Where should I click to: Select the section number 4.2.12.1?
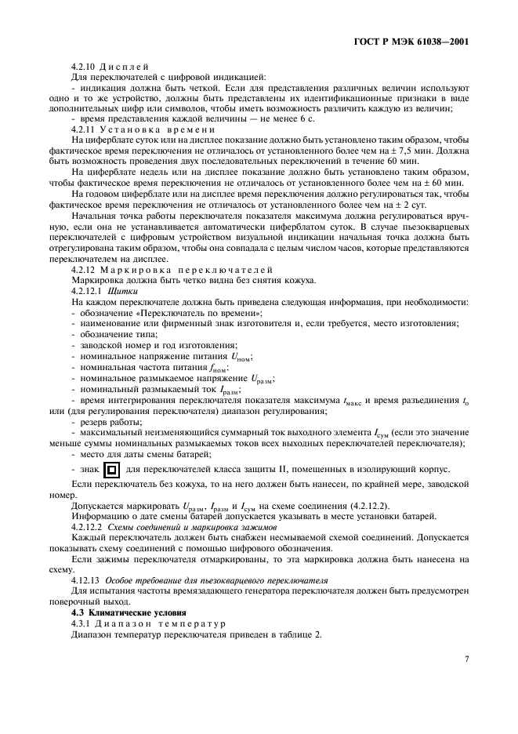(x=87, y=291)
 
